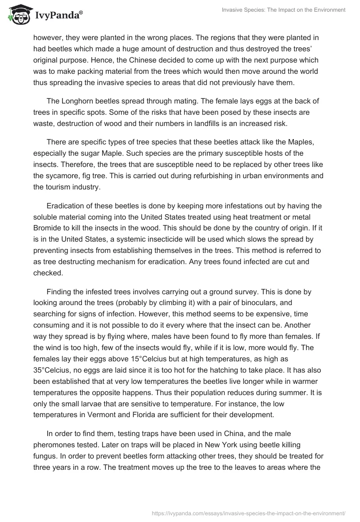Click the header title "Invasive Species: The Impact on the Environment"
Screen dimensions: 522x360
(x=283, y=10)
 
